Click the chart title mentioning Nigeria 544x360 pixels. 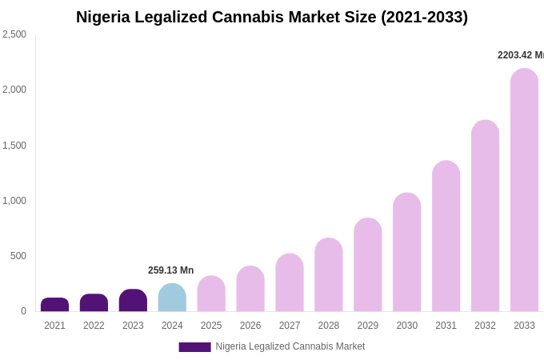(x=272, y=17)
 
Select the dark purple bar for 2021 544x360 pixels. (x=54, y=305)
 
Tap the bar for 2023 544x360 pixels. (x=133, y=301)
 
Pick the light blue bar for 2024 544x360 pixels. (x=172, y=298)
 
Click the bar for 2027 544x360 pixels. (x=290, y=282)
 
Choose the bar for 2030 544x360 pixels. (x=406, y=252)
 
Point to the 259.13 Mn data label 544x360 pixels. (x=170, y=270)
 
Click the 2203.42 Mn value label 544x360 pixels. (x=520, y=55)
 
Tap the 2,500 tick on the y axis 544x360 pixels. (x=14, y=34)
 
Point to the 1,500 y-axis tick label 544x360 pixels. (x=14, y=146)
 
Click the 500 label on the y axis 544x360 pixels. (x=18, y=256)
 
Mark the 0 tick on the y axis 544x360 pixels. (x=23, y=311)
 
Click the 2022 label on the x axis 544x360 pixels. (x=94, y=326)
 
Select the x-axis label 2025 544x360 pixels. (x=211, y=326)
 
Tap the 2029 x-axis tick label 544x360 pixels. (x=368, y=326)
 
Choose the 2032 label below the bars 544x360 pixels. (x=485, y=326)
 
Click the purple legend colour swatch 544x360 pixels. (x=194, y=347)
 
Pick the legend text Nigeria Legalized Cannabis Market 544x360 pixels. (x=290, y=346)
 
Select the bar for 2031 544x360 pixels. (x=446, y=236)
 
